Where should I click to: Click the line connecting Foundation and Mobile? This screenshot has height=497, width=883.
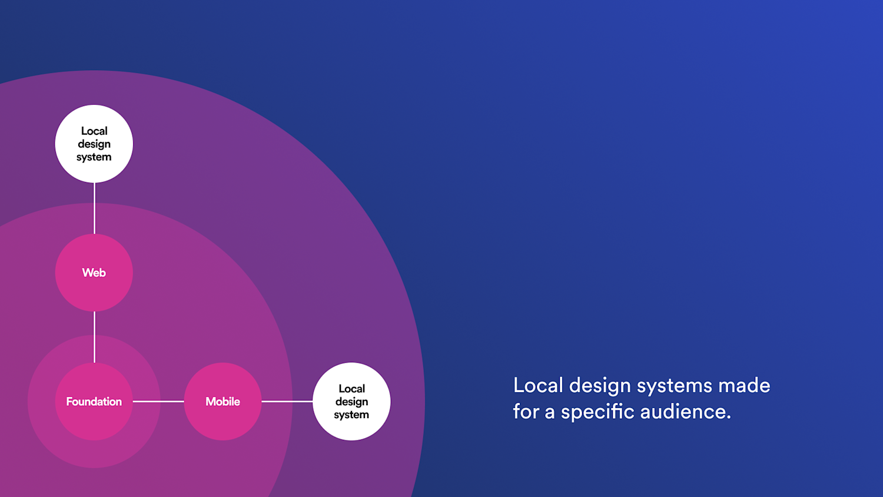coord(158,402)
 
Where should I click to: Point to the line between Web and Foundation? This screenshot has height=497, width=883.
coord(94,337)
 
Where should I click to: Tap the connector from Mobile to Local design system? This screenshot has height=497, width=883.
coord(287,402)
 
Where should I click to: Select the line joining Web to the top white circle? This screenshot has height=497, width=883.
coord(94,208)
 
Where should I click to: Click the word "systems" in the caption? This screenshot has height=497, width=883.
coord(675,386)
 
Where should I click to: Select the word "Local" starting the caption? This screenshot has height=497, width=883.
coord(538,386)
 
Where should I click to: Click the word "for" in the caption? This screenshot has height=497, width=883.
coord(526,412)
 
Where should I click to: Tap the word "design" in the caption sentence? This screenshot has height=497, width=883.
coord(600,386)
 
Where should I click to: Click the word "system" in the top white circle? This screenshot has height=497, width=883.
coord(94,157)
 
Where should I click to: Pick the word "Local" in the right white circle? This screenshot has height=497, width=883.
coord(351,389)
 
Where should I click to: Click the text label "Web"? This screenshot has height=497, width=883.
coord(94,273)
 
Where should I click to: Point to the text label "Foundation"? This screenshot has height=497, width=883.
coord(94,402)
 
